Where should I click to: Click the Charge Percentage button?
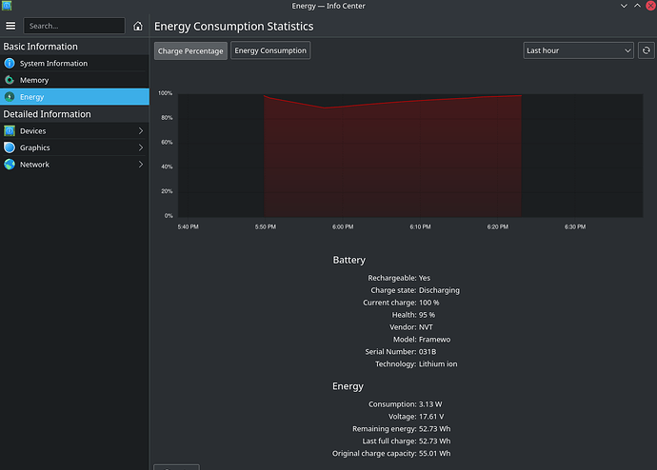190,50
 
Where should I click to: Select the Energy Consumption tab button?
270,50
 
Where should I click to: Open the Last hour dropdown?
578,50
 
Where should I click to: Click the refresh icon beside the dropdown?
647,50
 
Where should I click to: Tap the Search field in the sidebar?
74,26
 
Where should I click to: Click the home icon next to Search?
138,26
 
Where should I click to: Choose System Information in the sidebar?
53,64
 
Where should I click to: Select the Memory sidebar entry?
34,80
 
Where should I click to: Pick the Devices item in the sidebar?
32,130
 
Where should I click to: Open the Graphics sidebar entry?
34,147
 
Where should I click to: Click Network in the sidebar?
34,165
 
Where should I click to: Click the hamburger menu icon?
10,26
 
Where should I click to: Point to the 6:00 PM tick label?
343,226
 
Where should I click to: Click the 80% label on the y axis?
166,118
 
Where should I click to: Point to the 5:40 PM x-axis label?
188,226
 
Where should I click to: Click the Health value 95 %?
427,315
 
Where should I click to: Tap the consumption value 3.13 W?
433,404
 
